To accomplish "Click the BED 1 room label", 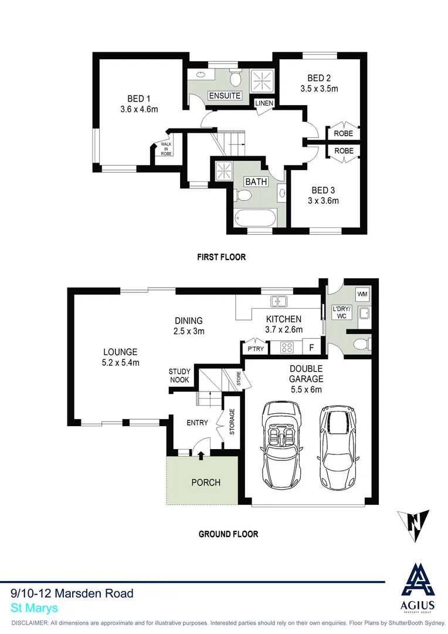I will [139, 99].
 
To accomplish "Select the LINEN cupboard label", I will [264, 104].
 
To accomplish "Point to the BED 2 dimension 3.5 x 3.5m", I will [319, 89].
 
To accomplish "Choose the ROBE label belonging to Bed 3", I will [344, 151].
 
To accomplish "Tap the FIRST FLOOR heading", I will [221, 257].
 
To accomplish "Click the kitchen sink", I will [279, 302].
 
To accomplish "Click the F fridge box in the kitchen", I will [311, 348].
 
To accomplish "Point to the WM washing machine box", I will [361, 294].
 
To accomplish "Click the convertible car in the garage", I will [281, 441].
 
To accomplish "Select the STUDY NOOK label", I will [179, 376].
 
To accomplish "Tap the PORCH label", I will [206, 483].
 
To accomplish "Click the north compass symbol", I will [413, 526].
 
